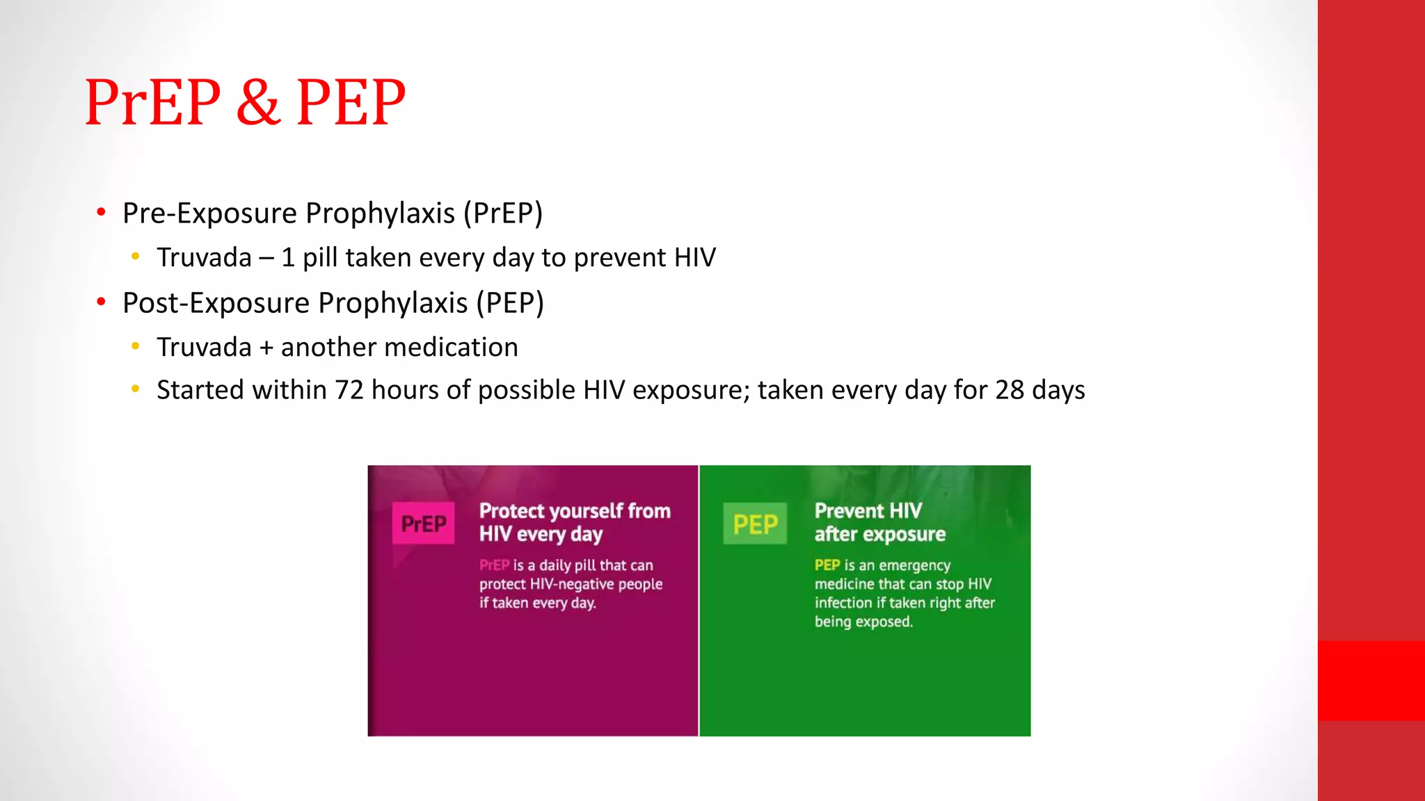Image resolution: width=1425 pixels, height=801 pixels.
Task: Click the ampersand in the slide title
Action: [258, 103]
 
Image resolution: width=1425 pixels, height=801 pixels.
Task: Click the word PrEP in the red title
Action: [152, 103]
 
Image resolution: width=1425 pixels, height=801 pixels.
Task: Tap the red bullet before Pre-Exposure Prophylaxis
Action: [102, 212]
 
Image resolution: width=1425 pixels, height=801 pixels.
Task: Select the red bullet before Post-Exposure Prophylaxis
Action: [102, 302]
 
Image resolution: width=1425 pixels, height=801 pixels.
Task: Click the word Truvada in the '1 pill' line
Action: [204, 258]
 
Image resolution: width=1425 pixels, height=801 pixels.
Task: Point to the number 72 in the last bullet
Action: [349, 390]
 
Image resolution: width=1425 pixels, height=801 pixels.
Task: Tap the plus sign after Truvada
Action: [266, 348]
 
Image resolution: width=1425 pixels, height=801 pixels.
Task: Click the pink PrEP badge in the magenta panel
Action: [423, 524]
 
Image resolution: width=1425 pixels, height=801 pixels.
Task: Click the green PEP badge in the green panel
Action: [755, 524]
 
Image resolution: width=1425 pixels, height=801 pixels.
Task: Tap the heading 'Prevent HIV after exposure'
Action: [879, 522]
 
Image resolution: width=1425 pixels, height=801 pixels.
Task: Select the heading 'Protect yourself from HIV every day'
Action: [574, 522]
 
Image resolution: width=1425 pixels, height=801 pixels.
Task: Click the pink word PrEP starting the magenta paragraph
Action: [494, 565]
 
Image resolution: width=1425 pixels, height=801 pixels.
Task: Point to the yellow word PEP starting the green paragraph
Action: [827, 565]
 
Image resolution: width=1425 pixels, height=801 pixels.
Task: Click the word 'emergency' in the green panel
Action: [914, 565]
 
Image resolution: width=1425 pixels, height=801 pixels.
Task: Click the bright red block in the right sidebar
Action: [1371, 680]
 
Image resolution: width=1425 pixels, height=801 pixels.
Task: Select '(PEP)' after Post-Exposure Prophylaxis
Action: [509, 303]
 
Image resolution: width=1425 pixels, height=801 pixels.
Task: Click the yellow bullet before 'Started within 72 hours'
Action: [136, 389]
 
